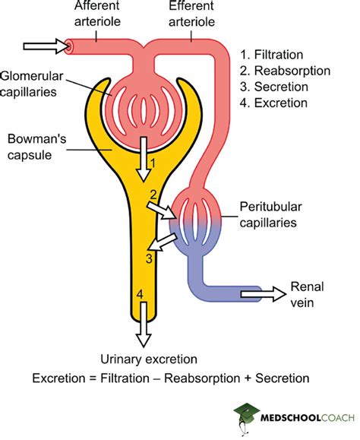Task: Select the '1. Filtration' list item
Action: pos(271,54)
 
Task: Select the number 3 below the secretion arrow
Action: pos(150,258)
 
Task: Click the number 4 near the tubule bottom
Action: pos(139,293)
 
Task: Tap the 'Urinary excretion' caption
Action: pos(149,359)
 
